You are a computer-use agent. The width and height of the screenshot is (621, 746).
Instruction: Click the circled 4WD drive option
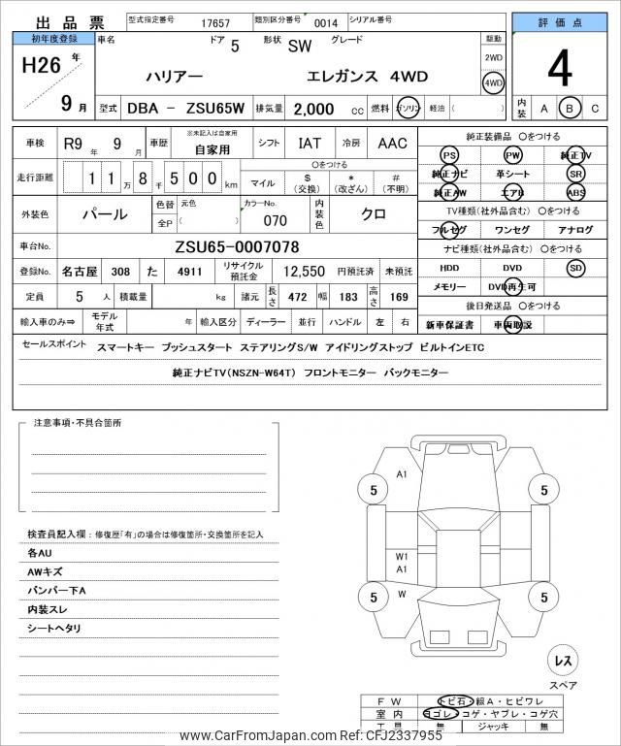[493, 82]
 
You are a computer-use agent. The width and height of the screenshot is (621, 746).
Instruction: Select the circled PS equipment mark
[448, 155]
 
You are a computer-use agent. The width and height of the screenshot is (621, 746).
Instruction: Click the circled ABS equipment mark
[576, 192]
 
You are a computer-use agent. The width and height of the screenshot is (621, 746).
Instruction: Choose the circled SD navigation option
[576, 268]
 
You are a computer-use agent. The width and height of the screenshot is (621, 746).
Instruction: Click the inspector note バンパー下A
[57, 591]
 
